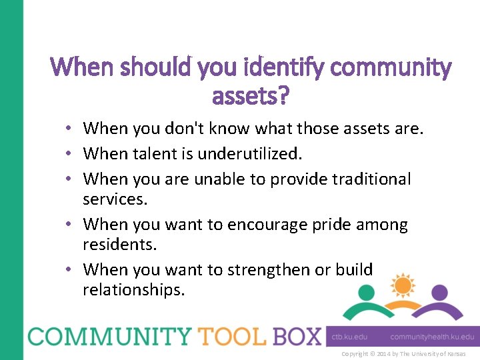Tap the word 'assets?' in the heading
pyautogui.click(x=251, y=97)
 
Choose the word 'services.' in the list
pyautogui.click(x=114, y=199)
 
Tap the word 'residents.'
pyautogui.click(x=120, y=245)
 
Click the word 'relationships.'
pyautogui.click(x=134, y=290)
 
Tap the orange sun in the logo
pyautogui.click(x=403, y=285)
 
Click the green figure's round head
pyautogui.click(x=366, y=292)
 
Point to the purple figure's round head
pyautogui.click(x=439, y=292)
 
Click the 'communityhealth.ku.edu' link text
pyautogui.click(x=432, y=337)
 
